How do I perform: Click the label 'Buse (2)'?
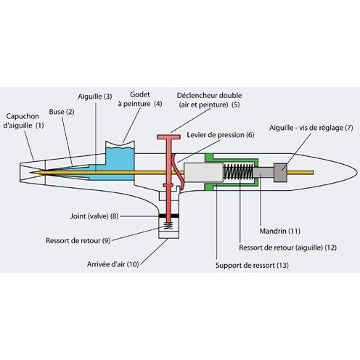pyautogui.click(x=62, y=112)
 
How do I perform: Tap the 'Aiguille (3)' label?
pyautogui.click(x=95, y=97)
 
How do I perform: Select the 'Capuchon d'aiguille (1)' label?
pyautogui.click(x=23, y=120)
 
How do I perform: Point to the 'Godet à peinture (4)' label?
pyautogui.click(x=140, y=99)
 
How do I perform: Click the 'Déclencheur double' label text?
pyautogui.click(x=209, y=95)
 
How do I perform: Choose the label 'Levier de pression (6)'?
pyautogui.click(x=221, y=135)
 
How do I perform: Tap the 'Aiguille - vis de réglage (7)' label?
pyautogui.click(x=311, y=128)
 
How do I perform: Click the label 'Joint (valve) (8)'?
pyautogui.click(x=94, y=216)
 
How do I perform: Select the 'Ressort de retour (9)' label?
pyautogui.click(x=78, y=241)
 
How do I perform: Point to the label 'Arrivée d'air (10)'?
pyautogui.click(x=113, y=264)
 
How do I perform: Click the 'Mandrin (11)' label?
pyautogui.click(x=280, y=231)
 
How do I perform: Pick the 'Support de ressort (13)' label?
pyautogui.click(x=252, y=266)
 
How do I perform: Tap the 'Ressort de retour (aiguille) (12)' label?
pyautogui.click(x=288, y=247)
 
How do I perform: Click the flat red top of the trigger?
pyautogui.click(x=168, y=137)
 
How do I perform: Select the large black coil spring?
pyautogui.click(x=238, y=171)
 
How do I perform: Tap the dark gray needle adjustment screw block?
pyautogui.click(x=280, y=173)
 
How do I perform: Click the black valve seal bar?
pyautogui.click(x=168, y=216)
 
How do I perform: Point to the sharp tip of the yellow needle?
pyautogui.click(x=30, y=173)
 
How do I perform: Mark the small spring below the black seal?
pyautogui.click(x=168, y=226)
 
